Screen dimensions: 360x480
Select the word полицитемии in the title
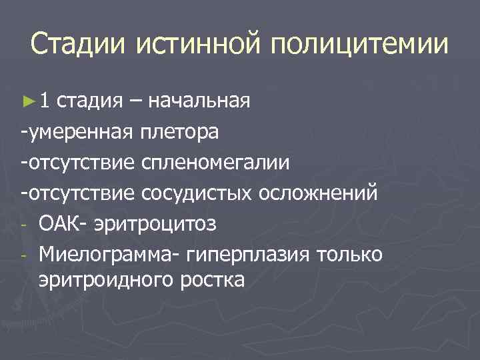[360, 45]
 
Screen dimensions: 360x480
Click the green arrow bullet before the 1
[27, 101]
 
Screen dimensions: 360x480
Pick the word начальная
[199, 101]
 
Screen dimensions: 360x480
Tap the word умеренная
[79, 132]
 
